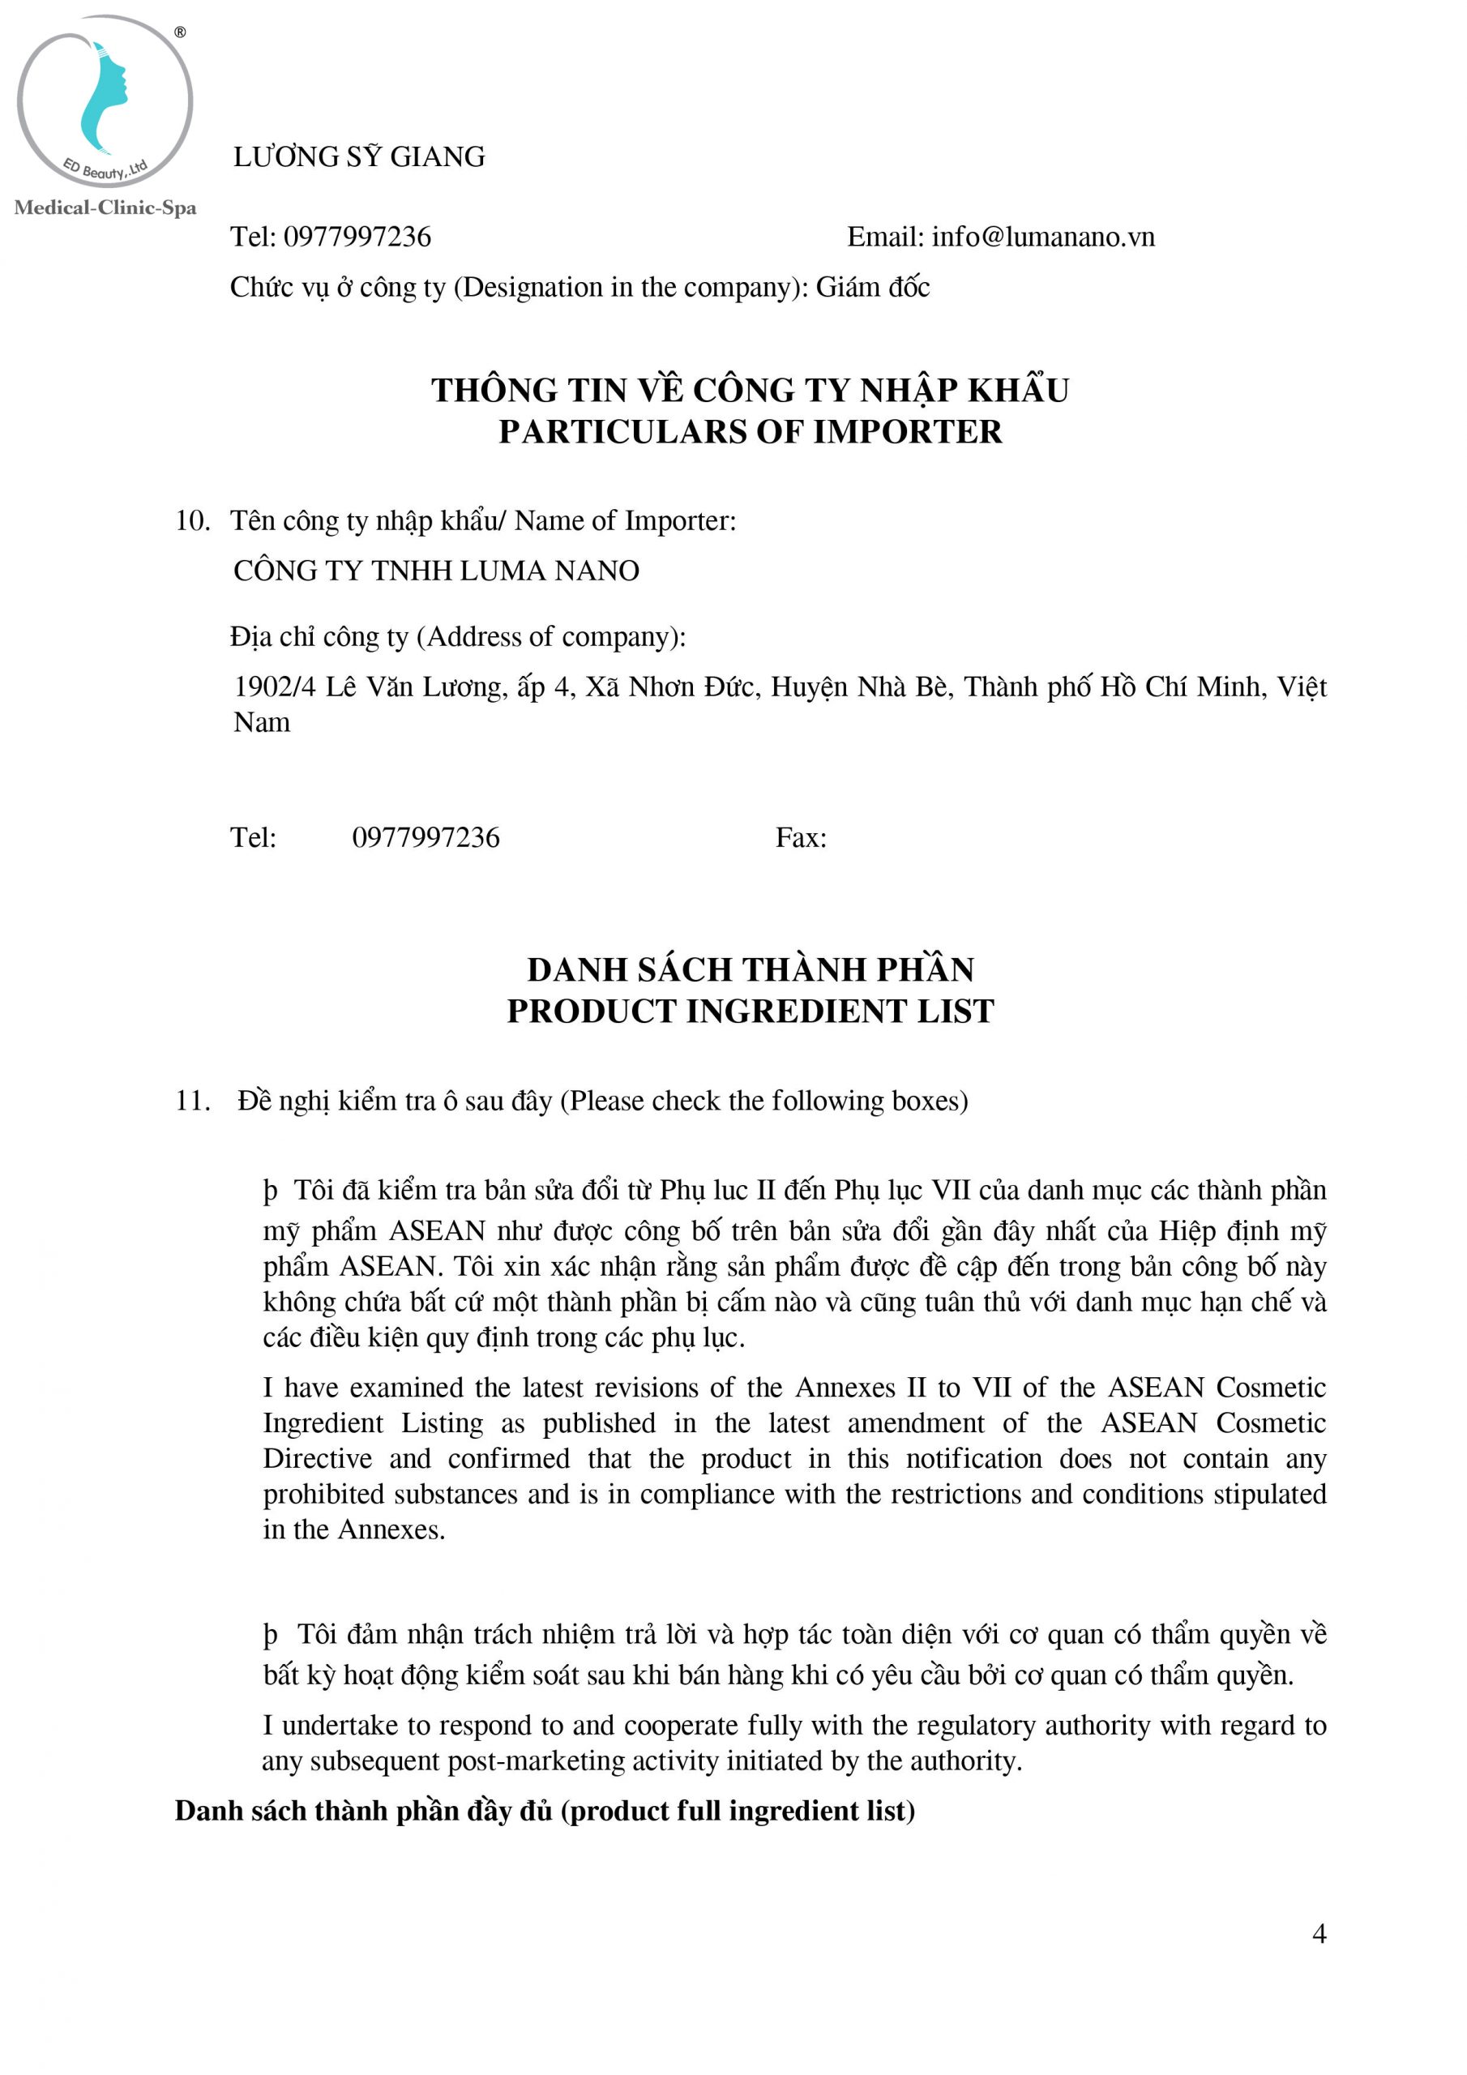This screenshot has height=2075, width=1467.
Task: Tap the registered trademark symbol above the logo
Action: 180,32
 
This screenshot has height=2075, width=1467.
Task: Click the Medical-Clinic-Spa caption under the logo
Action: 105,207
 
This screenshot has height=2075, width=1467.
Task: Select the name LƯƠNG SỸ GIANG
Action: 359,157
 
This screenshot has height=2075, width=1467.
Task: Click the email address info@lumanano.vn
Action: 1043,237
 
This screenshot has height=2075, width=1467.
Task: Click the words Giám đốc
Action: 872,288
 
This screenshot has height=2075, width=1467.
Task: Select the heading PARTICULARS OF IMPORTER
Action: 751,432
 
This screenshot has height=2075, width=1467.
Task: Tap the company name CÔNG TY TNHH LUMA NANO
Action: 436,571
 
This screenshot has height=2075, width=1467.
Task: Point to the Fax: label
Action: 801,838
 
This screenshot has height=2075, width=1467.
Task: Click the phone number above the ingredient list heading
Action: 426,838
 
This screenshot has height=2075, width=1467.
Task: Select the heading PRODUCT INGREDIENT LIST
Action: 751,1012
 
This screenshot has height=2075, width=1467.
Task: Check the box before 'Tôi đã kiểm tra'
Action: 270,1192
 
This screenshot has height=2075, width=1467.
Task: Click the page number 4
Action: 1319,1933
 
